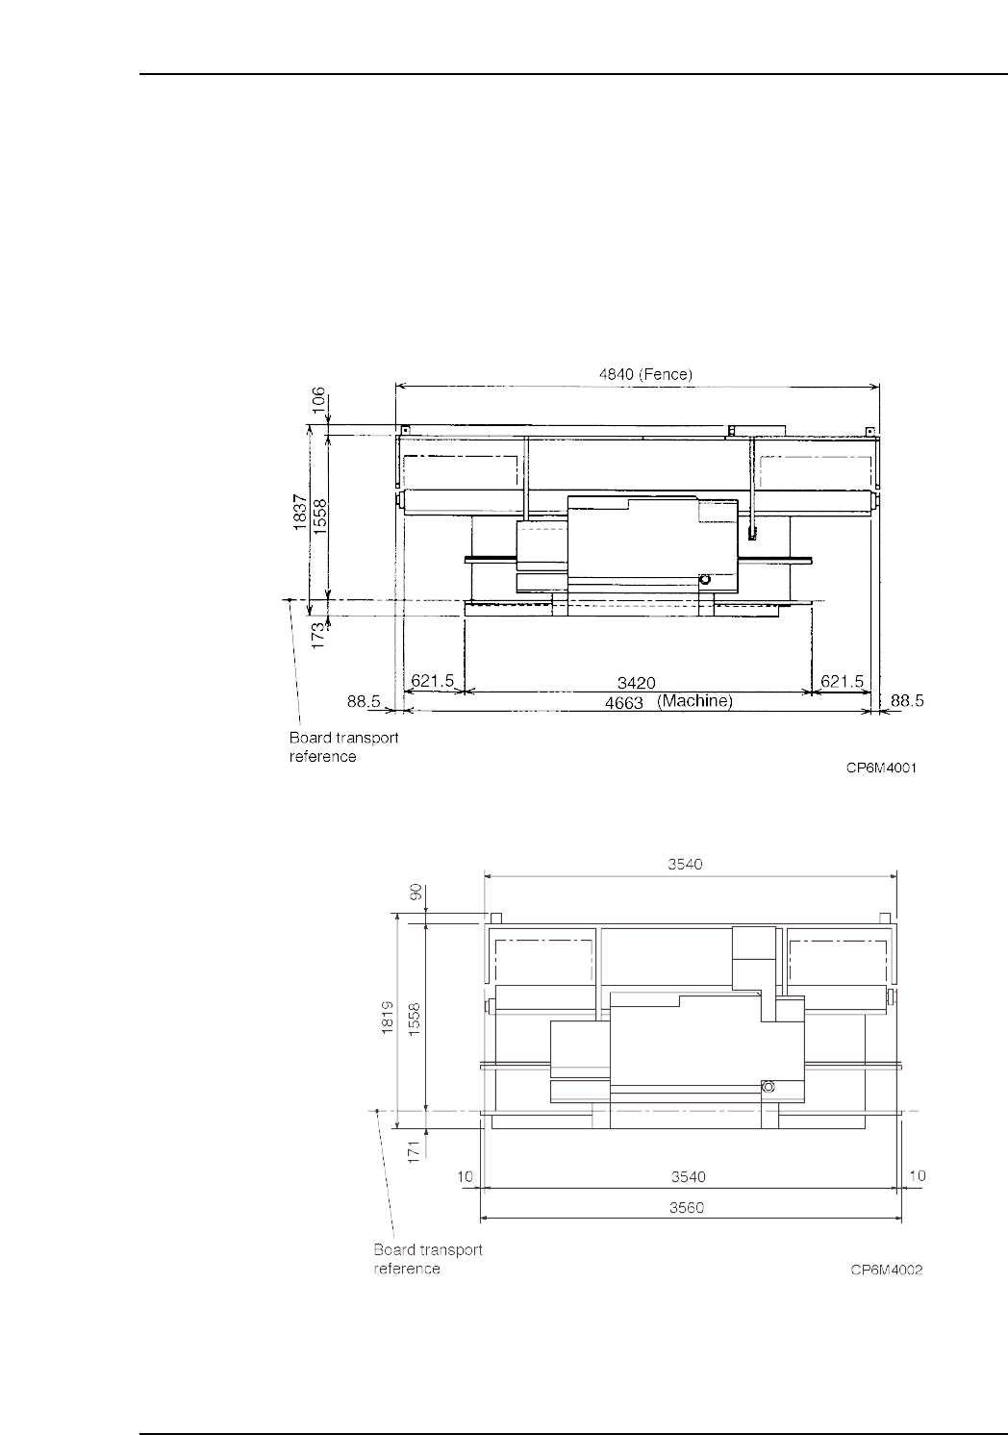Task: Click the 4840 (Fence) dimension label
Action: pos(645,374)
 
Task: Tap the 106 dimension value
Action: pos(318,400)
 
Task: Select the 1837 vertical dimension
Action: pos(300,512)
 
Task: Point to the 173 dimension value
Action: pos(318,635)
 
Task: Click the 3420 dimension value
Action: pos(637,683)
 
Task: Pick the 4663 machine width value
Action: pos(624,703)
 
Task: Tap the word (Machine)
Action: pos(694,701)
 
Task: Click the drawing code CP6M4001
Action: pos(881,768)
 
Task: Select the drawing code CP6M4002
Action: pos(887,1270)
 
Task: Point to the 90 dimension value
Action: pos(416,892)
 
